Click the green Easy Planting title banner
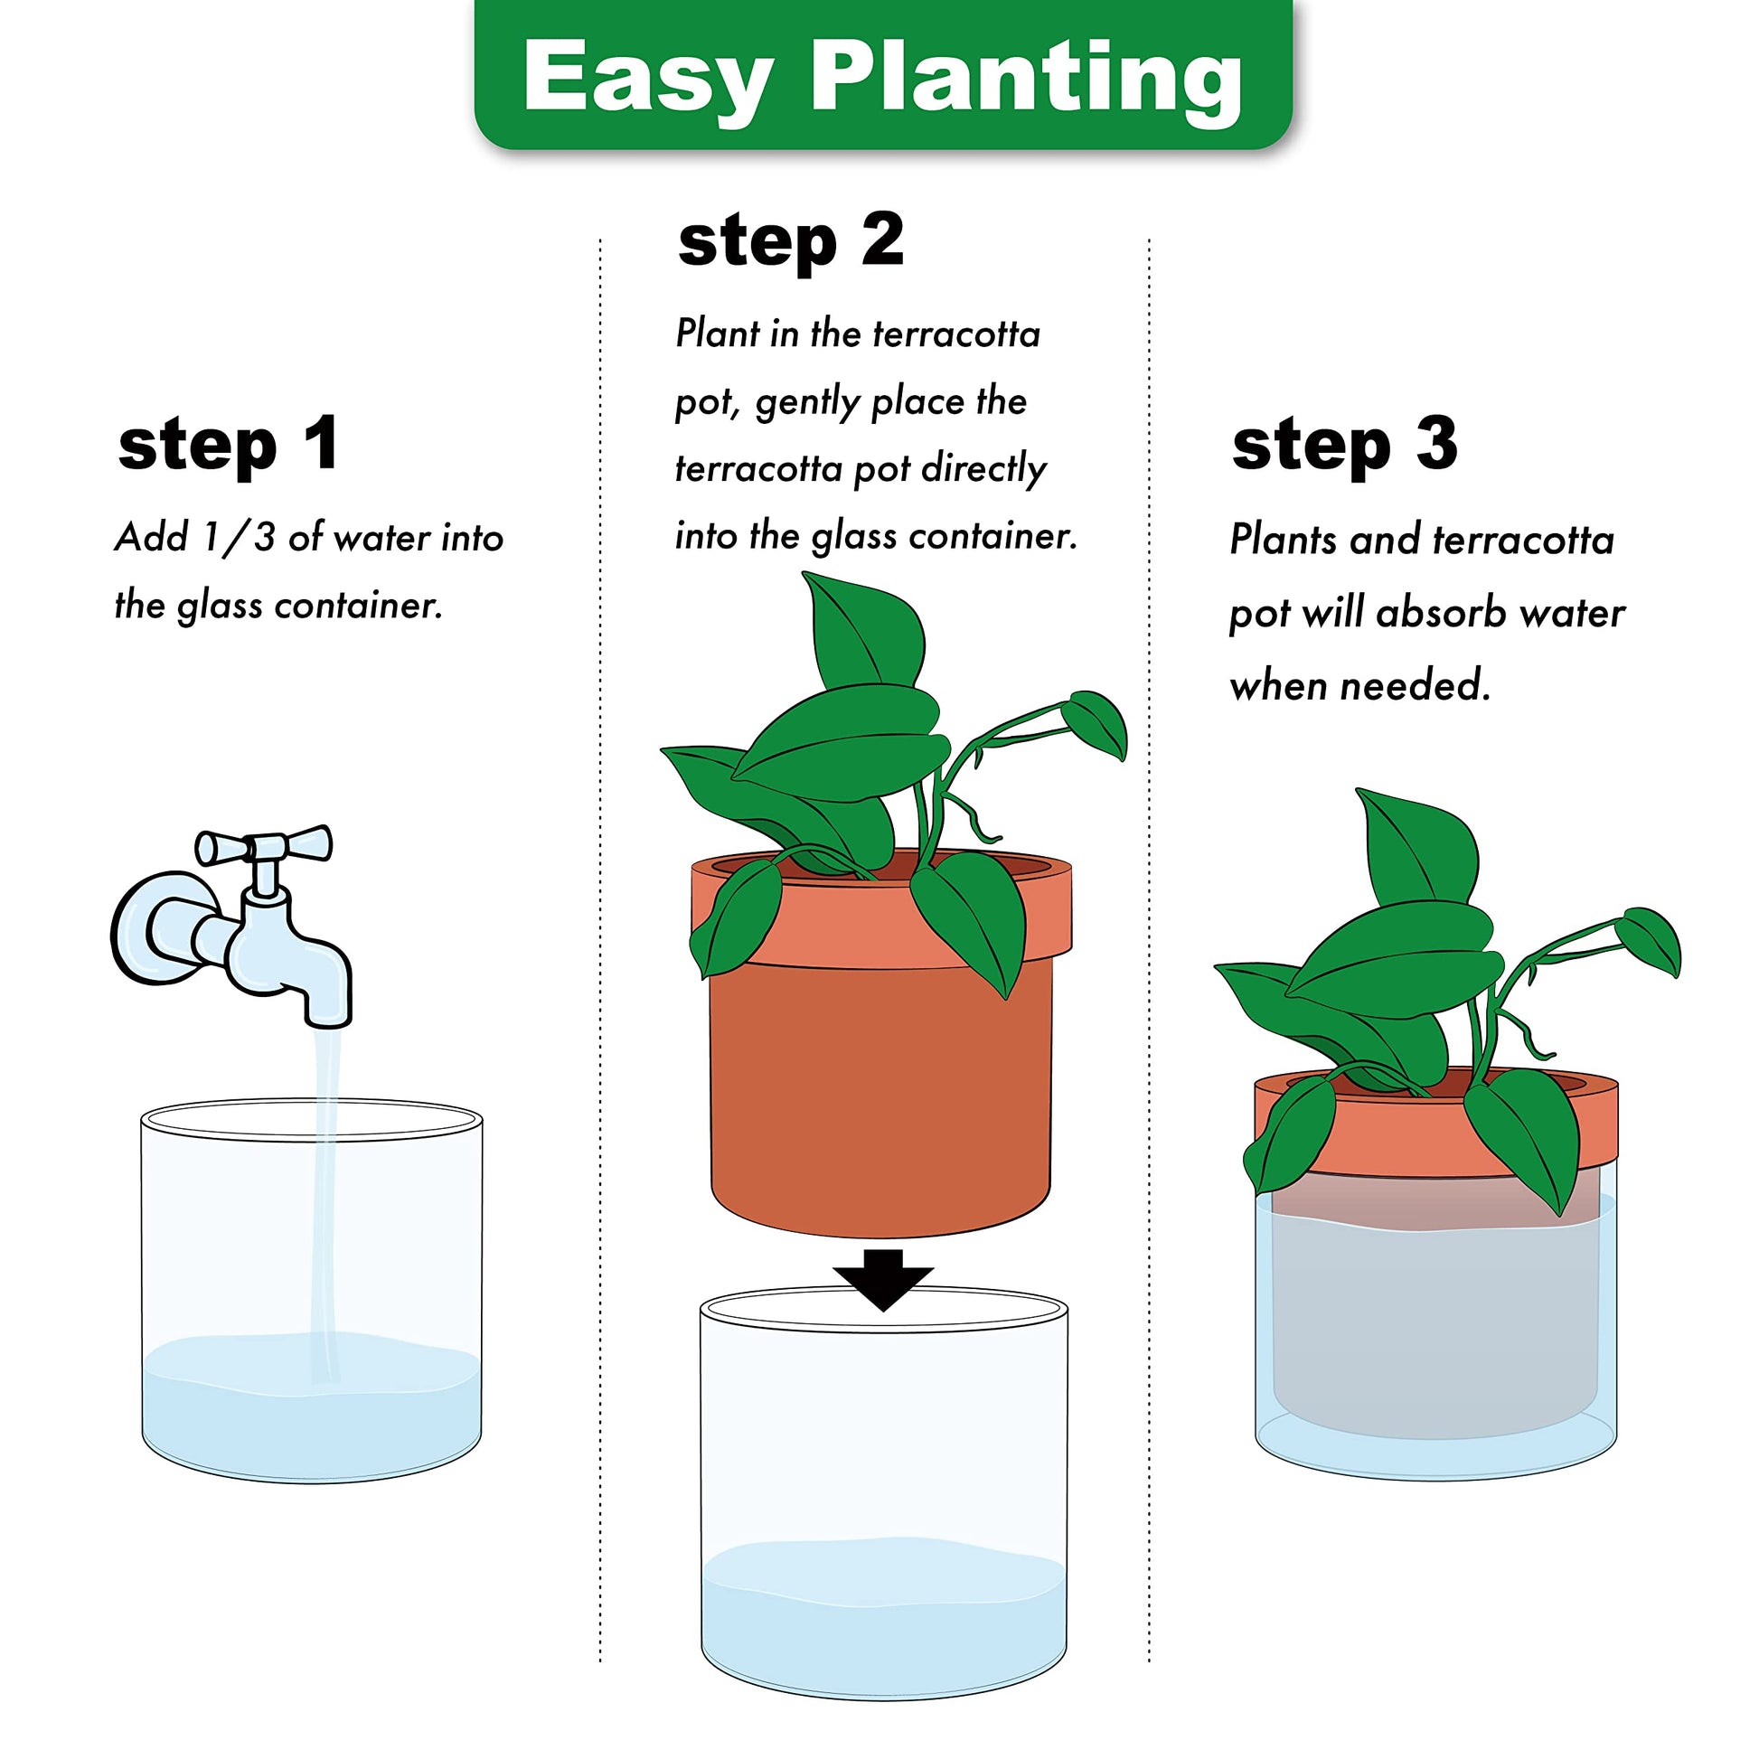coord(882,75)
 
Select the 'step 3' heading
coord(1344,446)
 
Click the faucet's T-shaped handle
coord(264,851)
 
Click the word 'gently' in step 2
coord(807,403)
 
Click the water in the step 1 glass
coord(311,1406)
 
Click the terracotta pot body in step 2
coord(880,1093)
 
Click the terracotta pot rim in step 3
coord(1435,1122)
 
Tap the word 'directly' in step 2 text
coord(984,470)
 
